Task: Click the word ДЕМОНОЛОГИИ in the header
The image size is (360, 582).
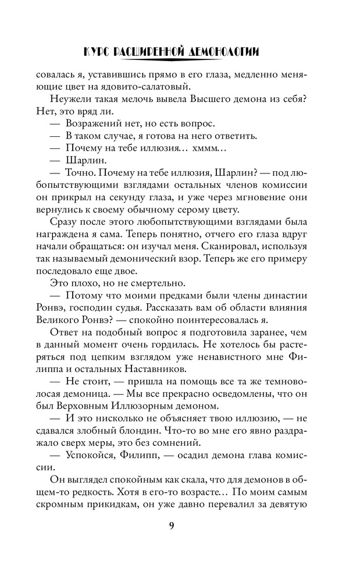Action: click(x=224, y=53)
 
